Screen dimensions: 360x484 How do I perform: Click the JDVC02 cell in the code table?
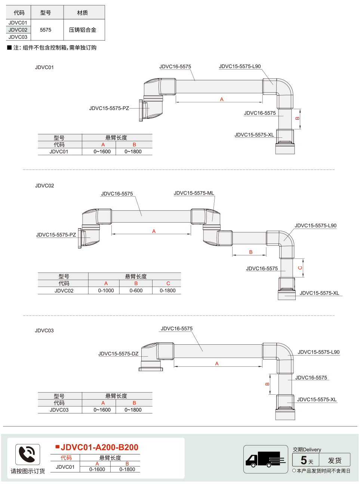pyautogui.click(x=18, y=30)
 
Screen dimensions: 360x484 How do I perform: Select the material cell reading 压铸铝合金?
pyautogui.click(x=83, y=30)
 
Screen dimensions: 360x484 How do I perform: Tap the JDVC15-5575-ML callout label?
pyautogui.click(x=194, y=193)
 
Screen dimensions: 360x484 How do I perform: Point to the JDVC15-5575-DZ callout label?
pyautogui.click(x=118, y=354)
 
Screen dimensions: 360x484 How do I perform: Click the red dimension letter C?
pyautogui.click(x=300, y=268)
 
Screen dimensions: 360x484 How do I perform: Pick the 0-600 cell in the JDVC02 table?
pyautogui.click(x=136, y=291)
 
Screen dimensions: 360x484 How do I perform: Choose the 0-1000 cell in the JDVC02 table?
pyautogui.click(x=106, y=291)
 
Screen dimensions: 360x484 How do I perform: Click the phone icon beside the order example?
pyautogui.click(x=28, y=454)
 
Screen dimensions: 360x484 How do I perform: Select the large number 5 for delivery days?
pyautogui.click(x=304, y=460)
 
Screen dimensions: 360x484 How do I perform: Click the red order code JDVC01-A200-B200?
pyautogui.click(x=99, y=447)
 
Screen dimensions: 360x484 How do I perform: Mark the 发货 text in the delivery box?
pyautogui.click(x=335, y=460)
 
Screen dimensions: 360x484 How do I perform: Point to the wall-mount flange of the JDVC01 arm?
pyautogui.click(x=141, y=111)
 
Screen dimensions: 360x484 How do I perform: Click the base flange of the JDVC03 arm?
pyautogui.click(x=151, y=369)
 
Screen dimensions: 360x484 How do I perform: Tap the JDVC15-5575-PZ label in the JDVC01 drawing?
pyautogui.click(x=109, y=108)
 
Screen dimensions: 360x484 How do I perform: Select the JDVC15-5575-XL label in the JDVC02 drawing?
pyautogui.click(x=319, y=293)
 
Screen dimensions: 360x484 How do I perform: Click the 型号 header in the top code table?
pyautogui.click(x=46, y=13)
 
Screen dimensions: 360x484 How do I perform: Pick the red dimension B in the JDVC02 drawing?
pyautogui.click(x=251, y=252)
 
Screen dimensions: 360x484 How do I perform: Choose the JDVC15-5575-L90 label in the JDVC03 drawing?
pyautogui.click(x=319, y=352)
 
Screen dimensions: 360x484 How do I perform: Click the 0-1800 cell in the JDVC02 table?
pyautogui.click(x=167, y=291)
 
